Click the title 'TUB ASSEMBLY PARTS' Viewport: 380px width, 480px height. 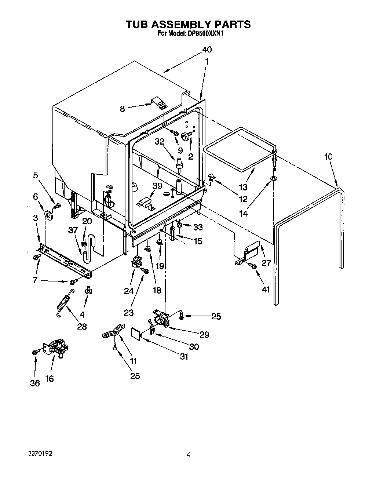[x=188, y=24]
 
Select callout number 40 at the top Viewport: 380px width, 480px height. [x=207, y=50]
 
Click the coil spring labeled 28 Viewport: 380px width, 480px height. [x=65, y=303]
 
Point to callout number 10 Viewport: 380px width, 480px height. [x=328, y=157]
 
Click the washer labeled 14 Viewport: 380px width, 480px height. [x=274, y=178]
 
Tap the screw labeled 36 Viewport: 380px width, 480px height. [x=35, y=352]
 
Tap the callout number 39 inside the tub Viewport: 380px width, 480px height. [x=157, y=186]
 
